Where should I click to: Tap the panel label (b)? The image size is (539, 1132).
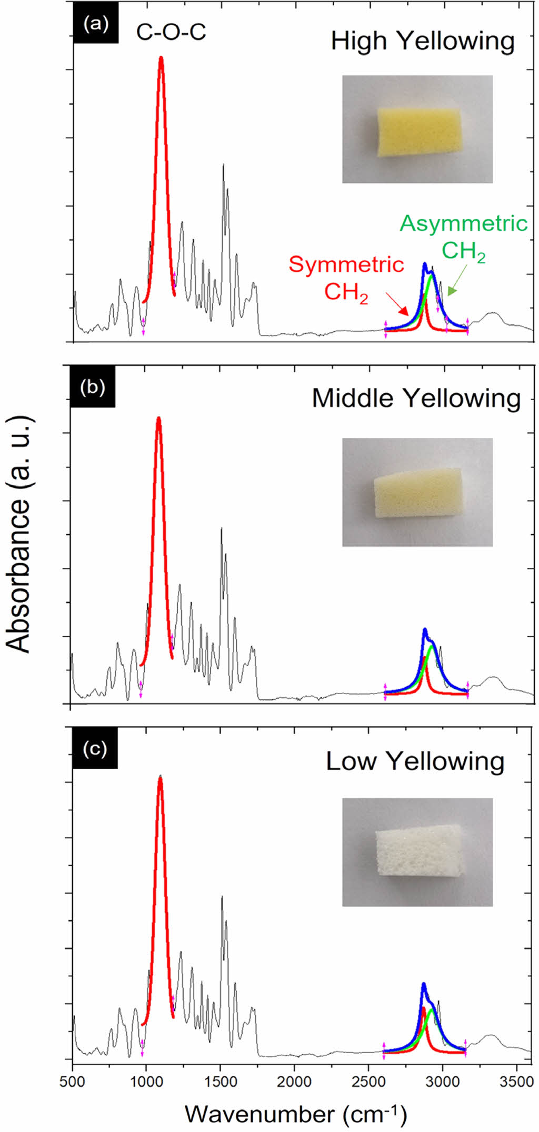92,387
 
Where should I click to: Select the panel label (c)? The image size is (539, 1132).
95,749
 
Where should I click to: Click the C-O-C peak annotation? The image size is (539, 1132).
171,33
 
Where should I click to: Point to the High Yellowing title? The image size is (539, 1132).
422,41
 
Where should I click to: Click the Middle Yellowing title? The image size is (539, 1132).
416,398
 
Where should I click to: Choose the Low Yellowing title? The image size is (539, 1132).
415,761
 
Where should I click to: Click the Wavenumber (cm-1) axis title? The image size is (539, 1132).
296,1114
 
